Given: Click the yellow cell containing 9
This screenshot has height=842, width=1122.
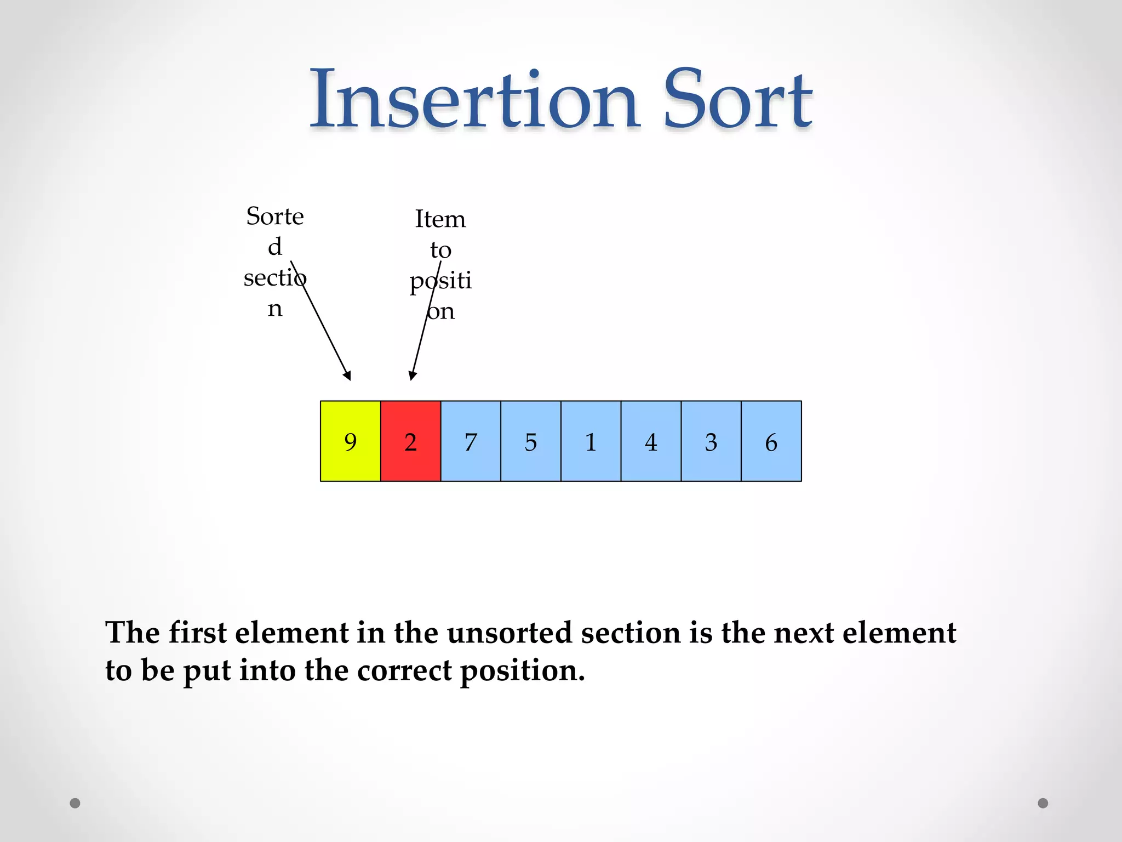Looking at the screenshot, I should coord(351,441).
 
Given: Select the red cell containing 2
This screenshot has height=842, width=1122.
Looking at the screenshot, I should coord(410,441).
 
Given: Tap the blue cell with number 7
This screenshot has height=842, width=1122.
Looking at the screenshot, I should coord(471,441).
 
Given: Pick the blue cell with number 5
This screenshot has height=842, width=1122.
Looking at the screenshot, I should coord(530,441).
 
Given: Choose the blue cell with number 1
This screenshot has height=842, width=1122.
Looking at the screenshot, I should coord(591,441).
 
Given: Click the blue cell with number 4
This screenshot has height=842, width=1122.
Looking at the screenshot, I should coord(651,441).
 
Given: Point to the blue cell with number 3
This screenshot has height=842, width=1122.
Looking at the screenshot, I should coord(711,441).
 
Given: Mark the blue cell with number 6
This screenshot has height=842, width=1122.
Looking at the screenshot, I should coord(771,441).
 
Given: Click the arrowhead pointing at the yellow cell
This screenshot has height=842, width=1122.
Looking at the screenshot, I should coord(348,376).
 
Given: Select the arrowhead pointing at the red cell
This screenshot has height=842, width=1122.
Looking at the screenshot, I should coord(412,376).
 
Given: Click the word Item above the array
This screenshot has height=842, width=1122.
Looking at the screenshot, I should coord(440,219).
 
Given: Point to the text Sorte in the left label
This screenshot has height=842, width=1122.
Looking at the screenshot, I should coord(274,217).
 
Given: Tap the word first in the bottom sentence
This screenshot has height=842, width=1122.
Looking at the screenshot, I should coord(197,633).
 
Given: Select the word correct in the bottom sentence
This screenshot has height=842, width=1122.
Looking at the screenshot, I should coord(405,671).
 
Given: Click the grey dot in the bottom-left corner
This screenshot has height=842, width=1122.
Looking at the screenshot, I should coord(75,803).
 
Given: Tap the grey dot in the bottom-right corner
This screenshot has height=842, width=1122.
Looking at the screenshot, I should coord(1043,803).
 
